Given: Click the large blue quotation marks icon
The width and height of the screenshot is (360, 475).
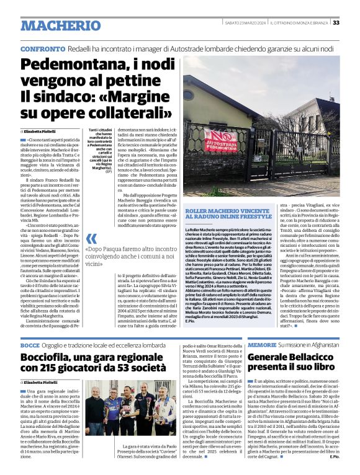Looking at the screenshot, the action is pos(91,239).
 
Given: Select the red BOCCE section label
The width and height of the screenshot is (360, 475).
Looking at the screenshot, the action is pos(30,345).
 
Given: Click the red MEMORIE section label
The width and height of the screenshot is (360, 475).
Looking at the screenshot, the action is pos(261,344).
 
